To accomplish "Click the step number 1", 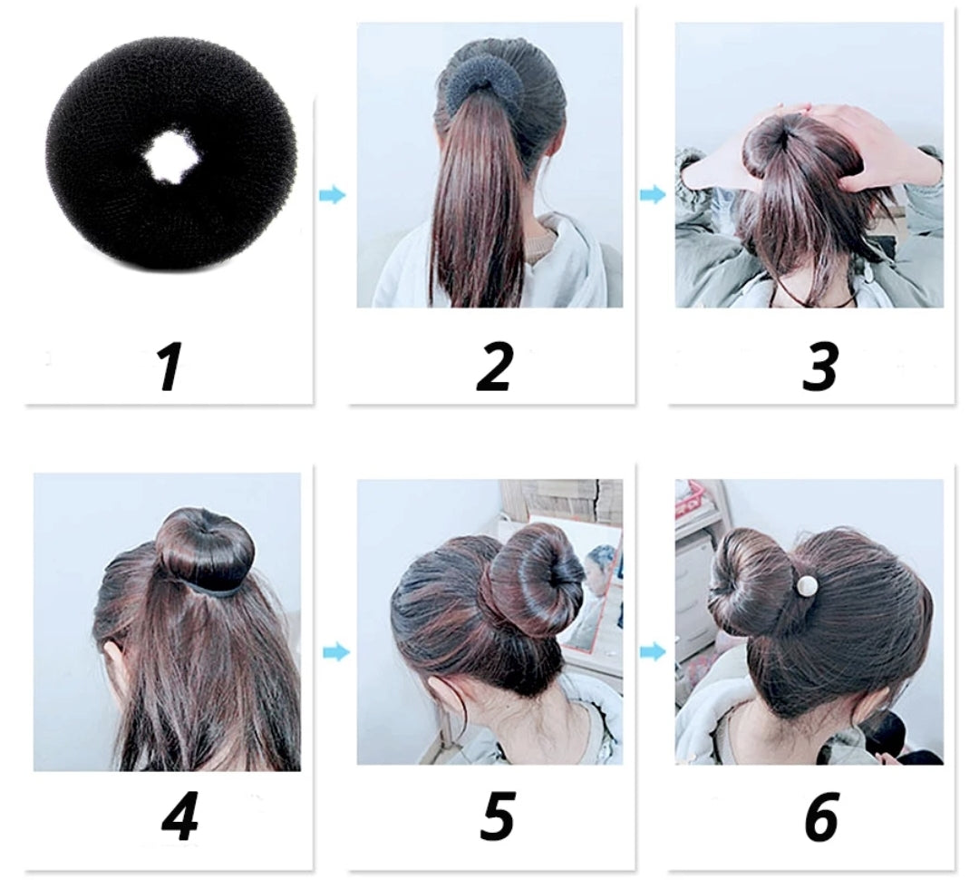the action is click(168, 367).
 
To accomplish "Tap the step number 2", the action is click(494, 367).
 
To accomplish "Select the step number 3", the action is click(819, 367).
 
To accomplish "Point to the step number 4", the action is click(179, 816).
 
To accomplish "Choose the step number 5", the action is click(497, 816).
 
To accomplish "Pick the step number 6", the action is click(821, 816).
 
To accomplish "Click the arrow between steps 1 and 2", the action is click(332, 195).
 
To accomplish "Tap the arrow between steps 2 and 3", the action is click(653, 195).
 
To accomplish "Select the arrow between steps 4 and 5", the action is click(336, 652).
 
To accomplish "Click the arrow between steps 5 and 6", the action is click(653, 652).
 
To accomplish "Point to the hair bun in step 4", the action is click(204, 545).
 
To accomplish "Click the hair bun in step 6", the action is click(750, 585).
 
